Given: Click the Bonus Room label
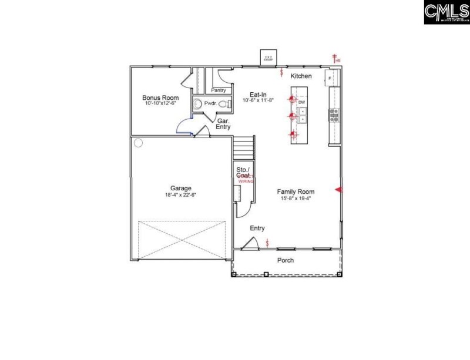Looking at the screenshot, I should (156, 97).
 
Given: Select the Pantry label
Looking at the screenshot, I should (219, 90).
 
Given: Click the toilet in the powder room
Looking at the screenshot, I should (223, 105).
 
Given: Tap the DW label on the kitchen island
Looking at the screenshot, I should (302, 103).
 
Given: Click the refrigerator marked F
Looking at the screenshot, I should (330, 78).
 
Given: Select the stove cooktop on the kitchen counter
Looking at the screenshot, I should (334, 115).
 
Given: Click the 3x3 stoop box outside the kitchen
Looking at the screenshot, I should (268, 58).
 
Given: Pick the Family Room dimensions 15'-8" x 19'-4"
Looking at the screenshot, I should (296, 198).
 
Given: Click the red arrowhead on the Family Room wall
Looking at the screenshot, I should (338, 189).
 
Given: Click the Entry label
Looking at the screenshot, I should (257, 228).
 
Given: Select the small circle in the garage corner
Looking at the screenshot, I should (138, 142).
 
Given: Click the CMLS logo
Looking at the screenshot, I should (446, 12).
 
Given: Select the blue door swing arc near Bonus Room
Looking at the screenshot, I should (184, 125).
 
